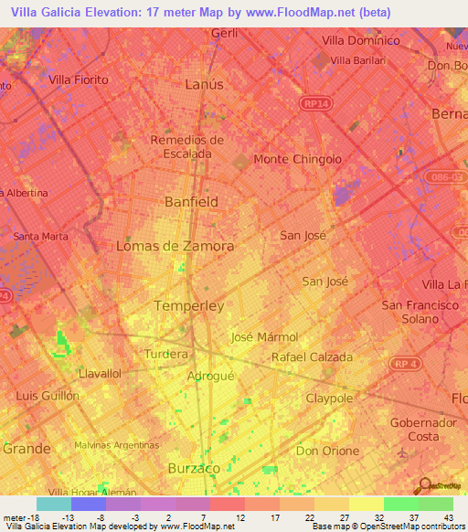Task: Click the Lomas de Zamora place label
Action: (175, 246)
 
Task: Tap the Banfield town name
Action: (191, 201)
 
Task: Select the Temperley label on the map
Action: (189, 306)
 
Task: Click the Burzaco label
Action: (195, 468)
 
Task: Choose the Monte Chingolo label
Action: (297, 159)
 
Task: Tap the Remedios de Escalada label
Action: (186, 146)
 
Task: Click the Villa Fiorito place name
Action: (78, 80)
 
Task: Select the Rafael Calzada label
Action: (312, 357)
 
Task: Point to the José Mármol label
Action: (265, 336)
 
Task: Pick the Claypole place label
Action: (329, 399)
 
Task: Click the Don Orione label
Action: (327, 451)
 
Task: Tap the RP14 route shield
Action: (315, 104)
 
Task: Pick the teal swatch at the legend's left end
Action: (54, 504)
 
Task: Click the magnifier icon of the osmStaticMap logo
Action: (423, 485)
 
